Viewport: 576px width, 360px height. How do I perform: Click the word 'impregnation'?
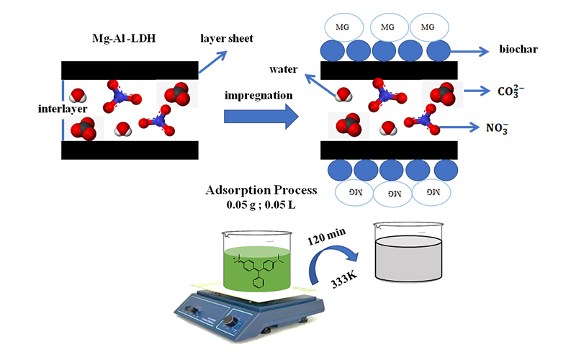260,95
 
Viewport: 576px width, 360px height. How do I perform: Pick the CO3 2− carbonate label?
515,91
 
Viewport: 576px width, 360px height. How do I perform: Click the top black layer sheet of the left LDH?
129,70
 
